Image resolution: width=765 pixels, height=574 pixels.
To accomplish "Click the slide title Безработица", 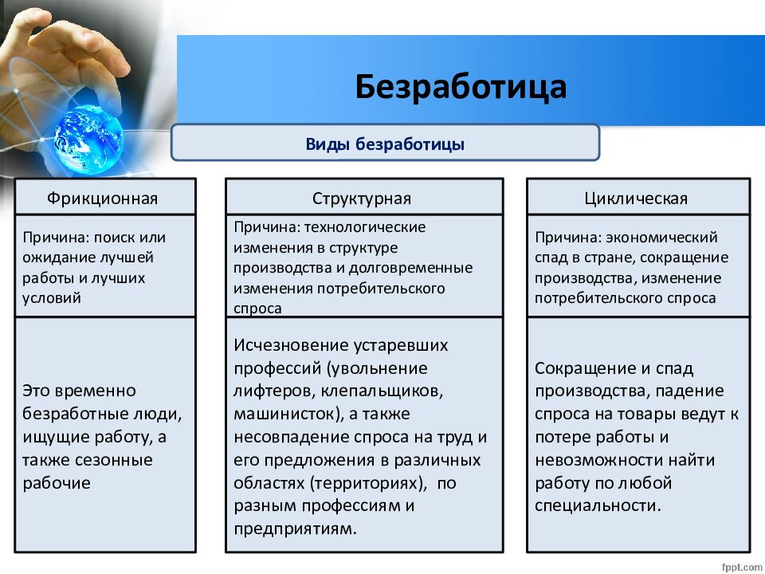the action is point(461,88).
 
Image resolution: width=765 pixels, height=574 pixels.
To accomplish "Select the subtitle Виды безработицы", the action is point(385,144).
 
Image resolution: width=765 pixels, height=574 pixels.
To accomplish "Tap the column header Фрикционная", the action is point(103,199).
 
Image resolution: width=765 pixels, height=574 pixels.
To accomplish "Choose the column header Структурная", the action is point(362,199).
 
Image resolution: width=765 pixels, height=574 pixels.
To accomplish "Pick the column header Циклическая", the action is point(636,199).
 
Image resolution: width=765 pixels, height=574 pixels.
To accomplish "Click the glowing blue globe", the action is point(88,140).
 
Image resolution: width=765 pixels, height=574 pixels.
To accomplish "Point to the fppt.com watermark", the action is point(742,567).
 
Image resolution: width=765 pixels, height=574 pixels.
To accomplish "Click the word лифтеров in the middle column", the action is point(274,391).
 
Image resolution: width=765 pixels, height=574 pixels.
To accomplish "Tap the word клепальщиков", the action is point(381,391).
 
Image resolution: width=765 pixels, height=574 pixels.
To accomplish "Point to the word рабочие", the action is point(57,483).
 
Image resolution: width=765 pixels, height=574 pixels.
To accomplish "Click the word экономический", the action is point(661,238).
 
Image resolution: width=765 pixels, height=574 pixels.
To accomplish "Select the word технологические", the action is point(365,227).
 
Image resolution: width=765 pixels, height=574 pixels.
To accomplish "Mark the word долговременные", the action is point(411,268).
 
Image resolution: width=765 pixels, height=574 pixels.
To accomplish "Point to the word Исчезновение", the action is point(290,345).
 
